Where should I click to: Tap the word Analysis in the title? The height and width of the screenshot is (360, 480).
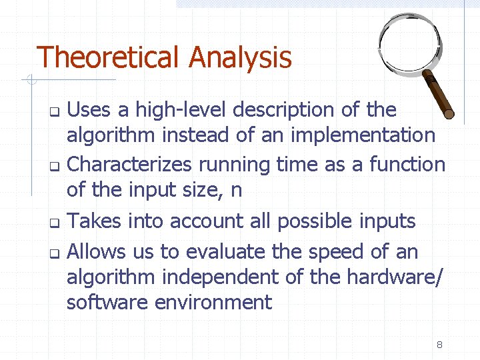pos(241,59)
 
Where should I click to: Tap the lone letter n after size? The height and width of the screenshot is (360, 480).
pos(235,191)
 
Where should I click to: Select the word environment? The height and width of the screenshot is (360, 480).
pos(213,302)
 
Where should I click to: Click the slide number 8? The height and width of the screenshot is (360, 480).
pos(439,345)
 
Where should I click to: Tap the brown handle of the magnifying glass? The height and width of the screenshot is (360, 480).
pos(439,93)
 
